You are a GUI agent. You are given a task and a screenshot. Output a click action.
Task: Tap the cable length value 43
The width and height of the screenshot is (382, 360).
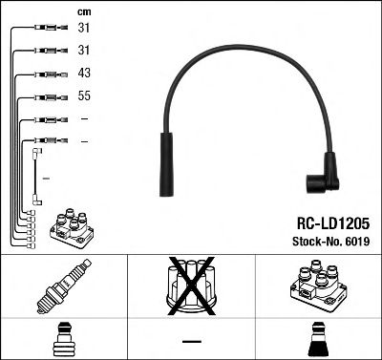[83, 74]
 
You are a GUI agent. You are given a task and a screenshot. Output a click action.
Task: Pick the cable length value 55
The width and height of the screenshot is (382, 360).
[83, 96]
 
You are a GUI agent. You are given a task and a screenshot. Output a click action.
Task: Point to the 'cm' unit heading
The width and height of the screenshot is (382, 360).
[82, 11]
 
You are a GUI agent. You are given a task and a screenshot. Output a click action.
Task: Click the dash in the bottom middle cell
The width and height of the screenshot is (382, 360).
[191, 340]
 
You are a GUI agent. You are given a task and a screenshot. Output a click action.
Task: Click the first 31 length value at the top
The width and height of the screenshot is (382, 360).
[83, 29]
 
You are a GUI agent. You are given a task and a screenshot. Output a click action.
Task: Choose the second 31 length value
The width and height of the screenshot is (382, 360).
[83, 51]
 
